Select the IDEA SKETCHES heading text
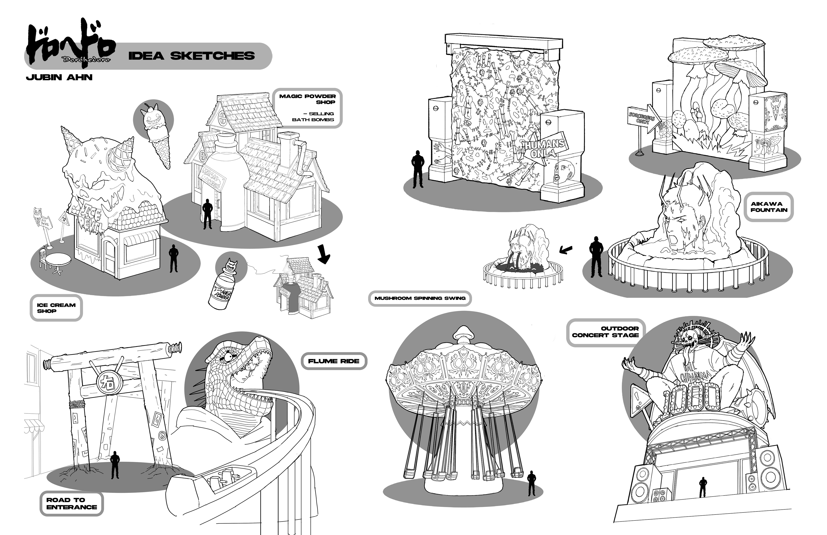192,56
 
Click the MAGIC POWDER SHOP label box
307,108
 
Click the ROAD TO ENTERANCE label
72,503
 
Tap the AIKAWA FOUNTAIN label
769,207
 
